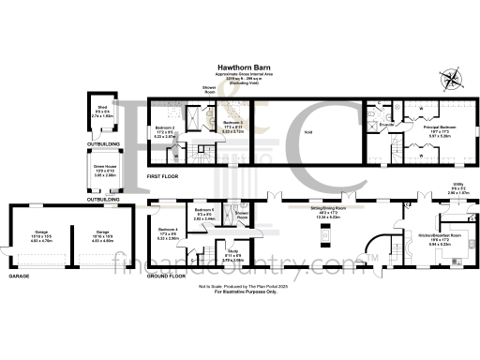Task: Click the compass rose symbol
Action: (x=454, y=79)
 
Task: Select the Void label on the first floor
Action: (x=307, y=133)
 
